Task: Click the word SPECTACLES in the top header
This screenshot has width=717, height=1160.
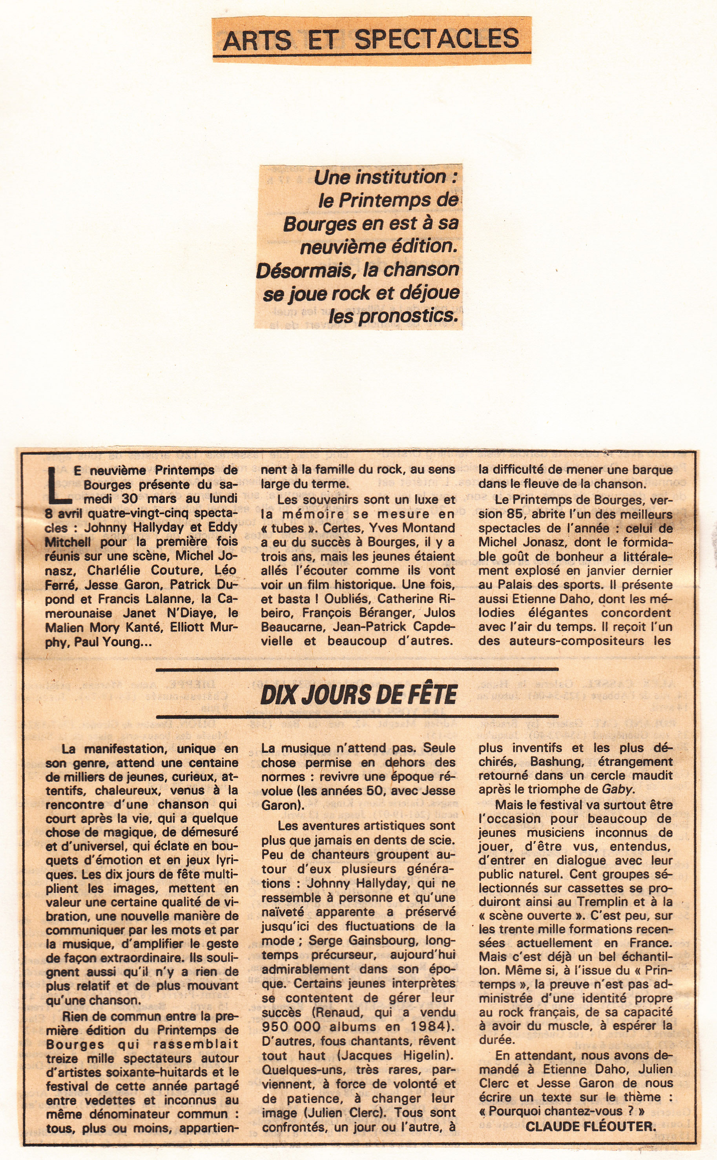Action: pyautogui.click(x=436, y=39)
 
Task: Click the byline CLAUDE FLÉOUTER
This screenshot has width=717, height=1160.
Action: pyautogui.click(x=591, y=1126)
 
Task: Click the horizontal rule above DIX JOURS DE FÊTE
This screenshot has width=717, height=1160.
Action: pyautogui.click(x=357, y=669)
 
